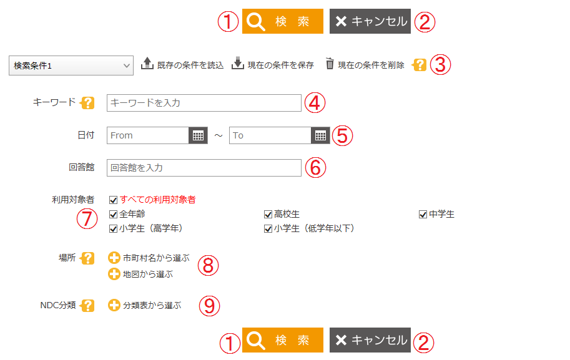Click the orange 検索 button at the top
[282, 21]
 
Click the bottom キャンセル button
[370, 340]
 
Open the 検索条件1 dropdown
[71, 65]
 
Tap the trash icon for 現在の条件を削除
[330, 64]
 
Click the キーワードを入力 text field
[204, 103]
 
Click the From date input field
[148, 135]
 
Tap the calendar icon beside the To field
[320, 135]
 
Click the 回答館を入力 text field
[204, 168]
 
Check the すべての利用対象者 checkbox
[113, 200]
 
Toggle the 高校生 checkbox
[268, 215]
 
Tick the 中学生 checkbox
[423, 215]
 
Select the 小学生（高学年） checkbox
[113, 228]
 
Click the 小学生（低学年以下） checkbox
[268, 228]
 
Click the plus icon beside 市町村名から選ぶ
[114, 258]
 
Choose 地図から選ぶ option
[147, 274]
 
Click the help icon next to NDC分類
[89, 306]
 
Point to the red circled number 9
[209, 306]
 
